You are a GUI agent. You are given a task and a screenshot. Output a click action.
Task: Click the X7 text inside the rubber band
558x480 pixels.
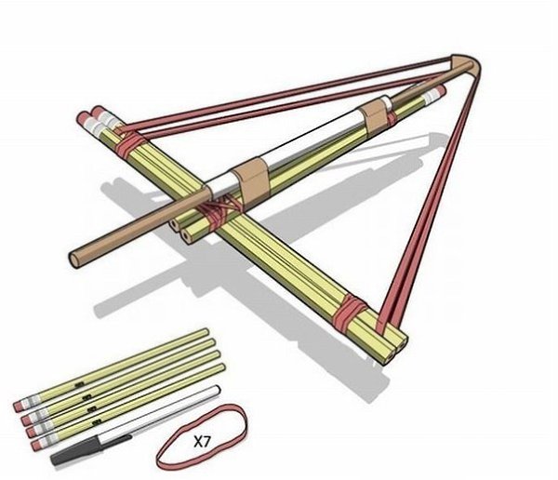(x=202, y=442)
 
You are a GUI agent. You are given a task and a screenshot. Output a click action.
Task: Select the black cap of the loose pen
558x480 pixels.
(x=91, y=449)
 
